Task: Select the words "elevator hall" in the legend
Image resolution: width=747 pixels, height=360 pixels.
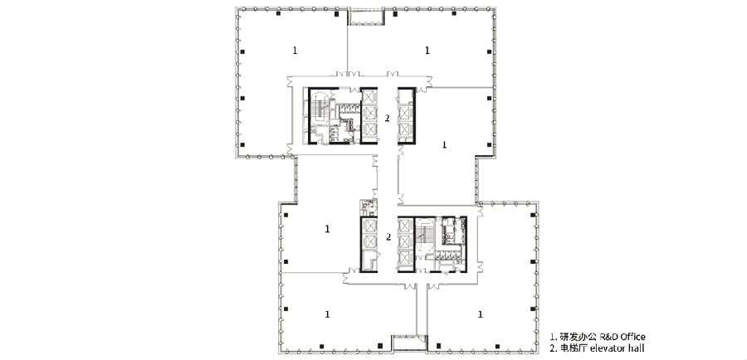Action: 617,348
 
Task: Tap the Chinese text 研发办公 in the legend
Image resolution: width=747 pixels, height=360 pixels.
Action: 576,337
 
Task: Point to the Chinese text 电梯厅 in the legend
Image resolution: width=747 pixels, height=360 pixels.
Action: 572,348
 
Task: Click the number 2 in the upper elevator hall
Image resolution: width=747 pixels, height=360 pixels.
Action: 388,117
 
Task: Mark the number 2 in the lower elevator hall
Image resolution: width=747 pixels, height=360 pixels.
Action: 388,236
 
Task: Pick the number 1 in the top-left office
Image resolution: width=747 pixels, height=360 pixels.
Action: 295,50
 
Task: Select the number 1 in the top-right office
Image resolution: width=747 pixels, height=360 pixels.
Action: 427,50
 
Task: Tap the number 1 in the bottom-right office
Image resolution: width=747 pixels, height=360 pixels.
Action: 481,314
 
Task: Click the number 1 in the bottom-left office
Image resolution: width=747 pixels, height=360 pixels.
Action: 327,314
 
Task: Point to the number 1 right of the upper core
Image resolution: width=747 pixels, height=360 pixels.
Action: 445,144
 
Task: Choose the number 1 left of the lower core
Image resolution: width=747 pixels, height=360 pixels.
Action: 327,229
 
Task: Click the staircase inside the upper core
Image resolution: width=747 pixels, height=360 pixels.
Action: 320,109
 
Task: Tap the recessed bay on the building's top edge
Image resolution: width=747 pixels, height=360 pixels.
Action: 366,17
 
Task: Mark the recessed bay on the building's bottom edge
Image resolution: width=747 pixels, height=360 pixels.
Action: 408,343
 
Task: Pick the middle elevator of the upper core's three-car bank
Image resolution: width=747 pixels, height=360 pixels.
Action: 369,114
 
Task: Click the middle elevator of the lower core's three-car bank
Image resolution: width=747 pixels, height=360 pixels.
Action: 404,241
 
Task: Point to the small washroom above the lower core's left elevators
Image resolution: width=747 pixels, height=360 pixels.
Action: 369,207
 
